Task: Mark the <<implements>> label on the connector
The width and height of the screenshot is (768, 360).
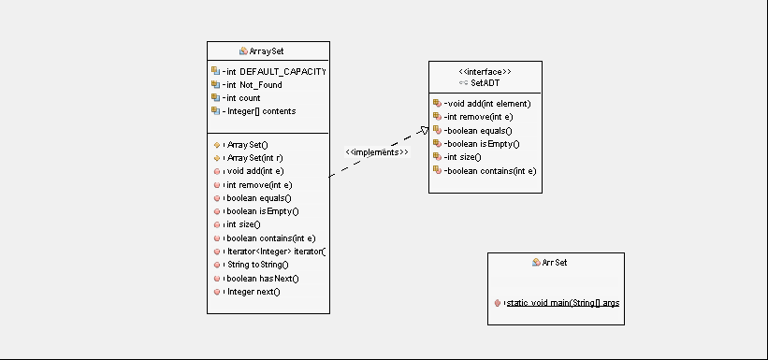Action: tap(377, 151)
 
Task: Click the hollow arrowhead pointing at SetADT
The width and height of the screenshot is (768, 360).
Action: tap(423, 130)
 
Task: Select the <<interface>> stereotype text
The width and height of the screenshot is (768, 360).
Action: tap(485, 72)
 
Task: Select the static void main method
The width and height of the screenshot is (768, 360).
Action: tap(562, 304)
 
